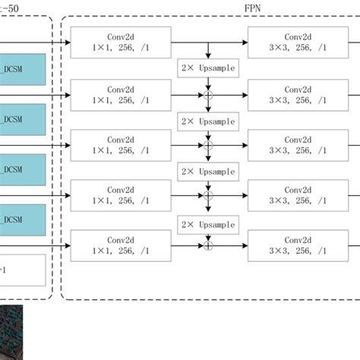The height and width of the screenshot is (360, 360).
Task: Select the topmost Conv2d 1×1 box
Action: tap(120, 41)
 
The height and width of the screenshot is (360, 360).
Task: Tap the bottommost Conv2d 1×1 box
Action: tap(120, 245)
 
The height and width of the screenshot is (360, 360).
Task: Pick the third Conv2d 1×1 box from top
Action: tap(120, 144)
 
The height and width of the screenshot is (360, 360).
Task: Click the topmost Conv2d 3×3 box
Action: tap(296, 41)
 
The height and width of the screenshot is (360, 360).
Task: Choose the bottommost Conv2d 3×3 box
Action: tap(296, 245)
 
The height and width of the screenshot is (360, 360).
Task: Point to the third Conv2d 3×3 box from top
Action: tap(296, 144)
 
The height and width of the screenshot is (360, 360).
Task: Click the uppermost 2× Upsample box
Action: tap(207, 68)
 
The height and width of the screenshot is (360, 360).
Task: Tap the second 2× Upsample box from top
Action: tap(207, 121)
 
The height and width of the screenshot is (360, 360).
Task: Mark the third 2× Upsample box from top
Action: tap(207, 172)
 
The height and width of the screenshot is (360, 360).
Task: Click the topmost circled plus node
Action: tap(207, 95)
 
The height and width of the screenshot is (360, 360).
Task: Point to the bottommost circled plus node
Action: tap(207, 245)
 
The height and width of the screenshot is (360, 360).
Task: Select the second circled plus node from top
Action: tap(207, 144)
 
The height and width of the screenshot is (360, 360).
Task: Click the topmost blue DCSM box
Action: tap(23, 68)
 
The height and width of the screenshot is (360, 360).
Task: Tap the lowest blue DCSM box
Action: tap(23, 219)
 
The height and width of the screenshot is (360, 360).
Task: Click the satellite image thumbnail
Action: tap(11, 330)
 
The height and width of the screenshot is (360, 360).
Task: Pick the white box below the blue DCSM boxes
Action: tap(23, 270)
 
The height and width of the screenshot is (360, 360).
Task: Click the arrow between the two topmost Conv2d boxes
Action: tap(208, 41)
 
